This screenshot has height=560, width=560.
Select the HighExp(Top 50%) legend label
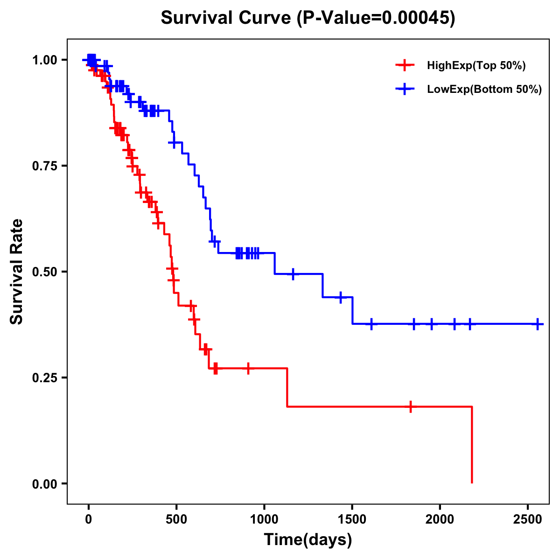click(476, 66)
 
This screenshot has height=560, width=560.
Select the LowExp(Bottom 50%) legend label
click(484, 90)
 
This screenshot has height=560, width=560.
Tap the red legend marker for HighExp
click(405, 65)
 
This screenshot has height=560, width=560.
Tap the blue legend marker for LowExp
click(405, 89)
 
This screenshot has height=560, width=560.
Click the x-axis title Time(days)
click(308, 540)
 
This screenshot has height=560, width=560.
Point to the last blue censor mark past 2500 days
click(538, 324)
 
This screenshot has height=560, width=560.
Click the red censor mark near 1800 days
click(411, 406)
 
